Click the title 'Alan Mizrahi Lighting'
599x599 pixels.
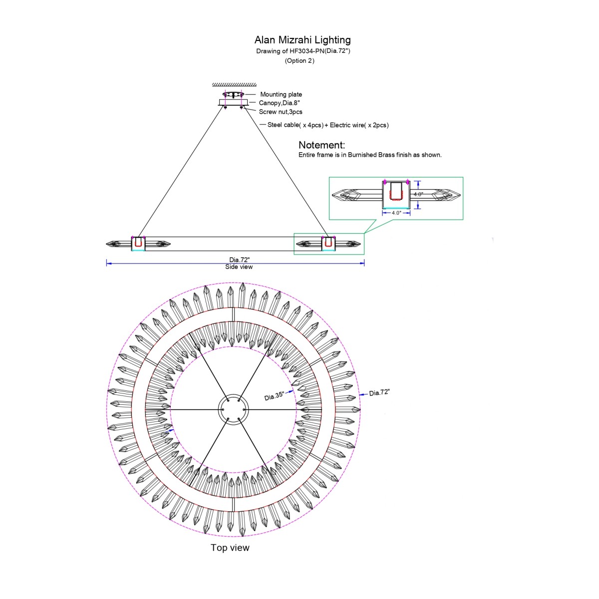302,40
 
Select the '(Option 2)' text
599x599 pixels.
299,61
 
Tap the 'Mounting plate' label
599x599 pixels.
281,94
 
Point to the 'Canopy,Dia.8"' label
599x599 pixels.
279,103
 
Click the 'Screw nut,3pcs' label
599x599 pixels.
280,112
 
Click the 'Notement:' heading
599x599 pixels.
321,145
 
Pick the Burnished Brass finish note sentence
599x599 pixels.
370,155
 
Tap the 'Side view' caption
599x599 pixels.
239,267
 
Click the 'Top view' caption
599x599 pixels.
230,548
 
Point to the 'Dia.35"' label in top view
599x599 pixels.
274,396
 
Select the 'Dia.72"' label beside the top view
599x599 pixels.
379,393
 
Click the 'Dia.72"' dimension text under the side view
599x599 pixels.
239,260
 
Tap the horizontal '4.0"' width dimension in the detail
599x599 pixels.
396,213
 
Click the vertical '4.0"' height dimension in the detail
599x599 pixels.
418,194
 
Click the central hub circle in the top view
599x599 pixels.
233,410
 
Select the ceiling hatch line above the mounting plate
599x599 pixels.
234,85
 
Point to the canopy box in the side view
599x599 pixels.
233,102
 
